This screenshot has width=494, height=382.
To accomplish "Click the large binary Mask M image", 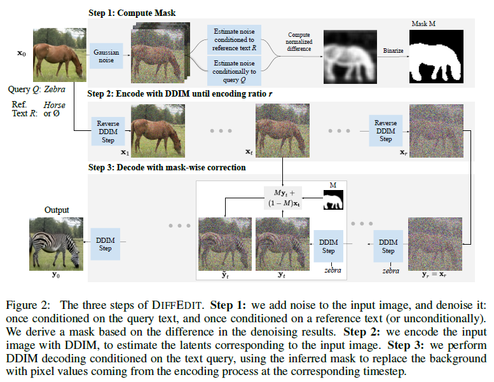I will coord(436,57).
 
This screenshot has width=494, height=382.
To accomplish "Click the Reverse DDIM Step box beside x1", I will coord(106,130).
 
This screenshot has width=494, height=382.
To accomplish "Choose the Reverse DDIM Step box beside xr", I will coord(385,130).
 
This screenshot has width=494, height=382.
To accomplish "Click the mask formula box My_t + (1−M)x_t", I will coord(282,198).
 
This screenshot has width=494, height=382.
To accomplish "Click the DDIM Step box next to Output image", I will coord(104,243).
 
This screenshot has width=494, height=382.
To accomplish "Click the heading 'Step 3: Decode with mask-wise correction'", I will coord(167,168).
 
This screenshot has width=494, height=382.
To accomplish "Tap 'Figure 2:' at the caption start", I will coord(29,305).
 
